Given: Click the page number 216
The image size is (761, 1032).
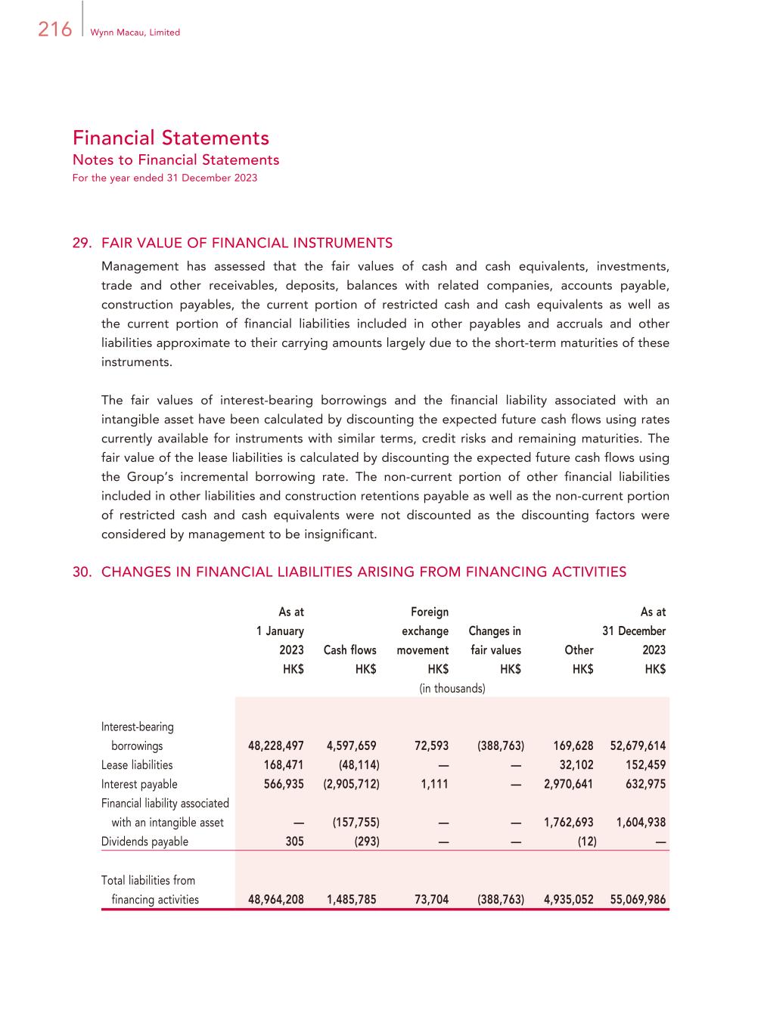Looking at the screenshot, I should [54, 29].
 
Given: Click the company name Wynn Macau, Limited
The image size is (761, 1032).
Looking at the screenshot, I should [135, 33].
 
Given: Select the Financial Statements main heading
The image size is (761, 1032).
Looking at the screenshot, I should [171, 138].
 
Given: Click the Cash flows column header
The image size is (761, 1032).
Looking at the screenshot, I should [349, 650].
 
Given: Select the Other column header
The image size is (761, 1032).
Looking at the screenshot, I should [579, 650].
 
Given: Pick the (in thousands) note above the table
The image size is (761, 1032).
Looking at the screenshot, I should [452, 688].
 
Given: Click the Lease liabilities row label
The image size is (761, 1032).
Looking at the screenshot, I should [137, 765].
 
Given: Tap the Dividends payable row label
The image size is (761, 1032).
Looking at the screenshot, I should [144, 841].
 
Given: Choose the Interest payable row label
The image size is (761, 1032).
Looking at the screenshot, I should [139, 784].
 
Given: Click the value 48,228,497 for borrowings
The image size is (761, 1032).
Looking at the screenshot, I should [276, 745].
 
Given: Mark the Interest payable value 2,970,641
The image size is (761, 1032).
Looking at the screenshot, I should [569, 784].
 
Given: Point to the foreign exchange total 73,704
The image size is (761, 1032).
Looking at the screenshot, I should [431, 900].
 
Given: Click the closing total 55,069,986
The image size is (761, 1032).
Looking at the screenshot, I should [638, 900].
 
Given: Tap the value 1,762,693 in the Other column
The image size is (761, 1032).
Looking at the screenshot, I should [569, 823].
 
